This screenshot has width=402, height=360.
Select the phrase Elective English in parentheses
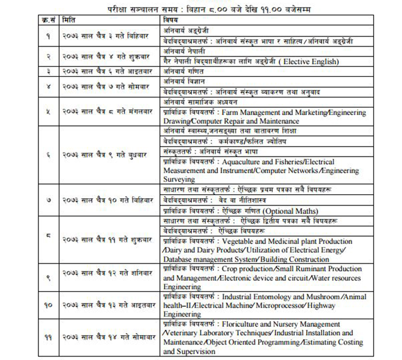tap(311, 61)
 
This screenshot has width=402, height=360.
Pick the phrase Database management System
tap(206, 259)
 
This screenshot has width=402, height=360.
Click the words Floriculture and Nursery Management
tap(281, 324)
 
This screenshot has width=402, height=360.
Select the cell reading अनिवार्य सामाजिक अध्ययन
tap(194, 103)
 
